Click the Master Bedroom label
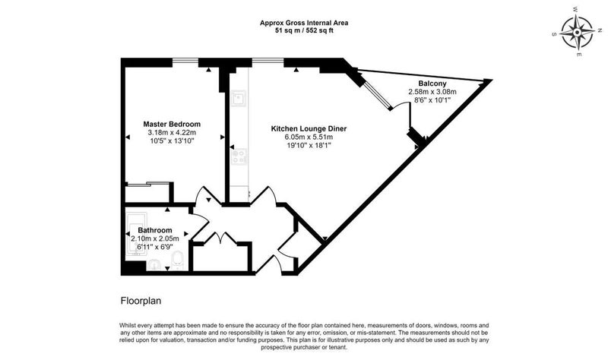tap(172, 125)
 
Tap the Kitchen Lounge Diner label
tap(309, 128)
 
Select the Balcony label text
tap(432, 84)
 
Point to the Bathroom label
tap(155, 230)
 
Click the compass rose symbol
tap(578, 32)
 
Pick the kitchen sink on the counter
tap(238, 98)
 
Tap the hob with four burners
tap(239, 156)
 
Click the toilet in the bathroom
tap(177, 260)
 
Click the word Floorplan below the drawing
tap(141, 301)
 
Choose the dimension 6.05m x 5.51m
tap(309, 137)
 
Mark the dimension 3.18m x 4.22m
tap(172, 132)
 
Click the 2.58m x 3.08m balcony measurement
tap(432, 92)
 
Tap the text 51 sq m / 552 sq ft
tap(304, 30)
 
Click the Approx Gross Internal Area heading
tap(304, 23)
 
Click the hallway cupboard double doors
tap(220, 237)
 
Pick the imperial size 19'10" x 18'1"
tap(309, 146)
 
